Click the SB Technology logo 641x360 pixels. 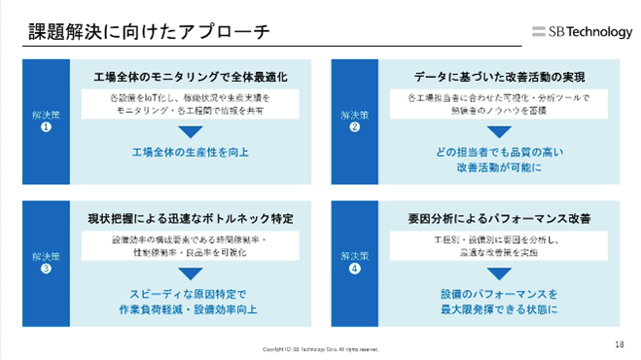[x=583, y=31]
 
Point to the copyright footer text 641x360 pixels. [x=320, y=348]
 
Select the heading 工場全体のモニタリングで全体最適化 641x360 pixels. [x=191, y=75]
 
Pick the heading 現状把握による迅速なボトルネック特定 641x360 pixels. [x=191, y=216]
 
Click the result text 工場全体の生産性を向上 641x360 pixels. [x=191, y=153]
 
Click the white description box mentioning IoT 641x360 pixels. [x=191, y=105]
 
